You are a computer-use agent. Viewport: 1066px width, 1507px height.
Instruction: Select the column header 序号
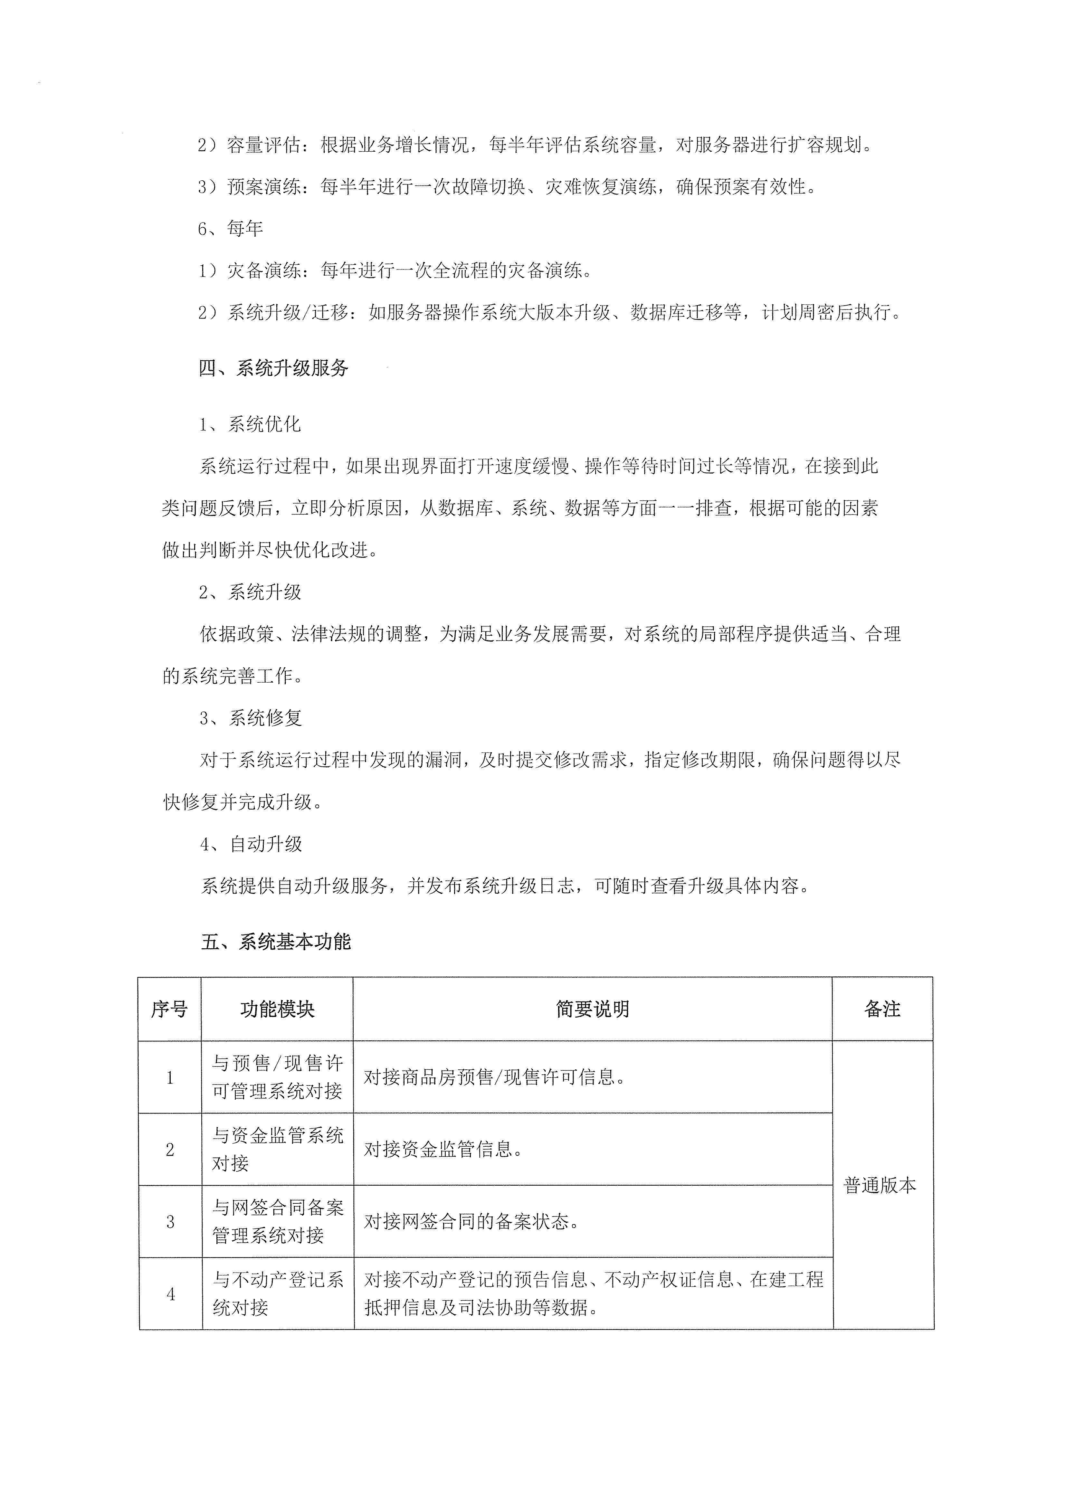(169, 1009)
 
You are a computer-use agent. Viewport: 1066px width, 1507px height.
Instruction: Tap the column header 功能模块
(277, 1009)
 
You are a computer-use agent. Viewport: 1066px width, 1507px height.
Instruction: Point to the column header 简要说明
(592, 1009)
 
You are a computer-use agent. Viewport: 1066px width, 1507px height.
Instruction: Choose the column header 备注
(882, 1009)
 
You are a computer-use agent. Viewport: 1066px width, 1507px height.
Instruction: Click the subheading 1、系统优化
(250, 425)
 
